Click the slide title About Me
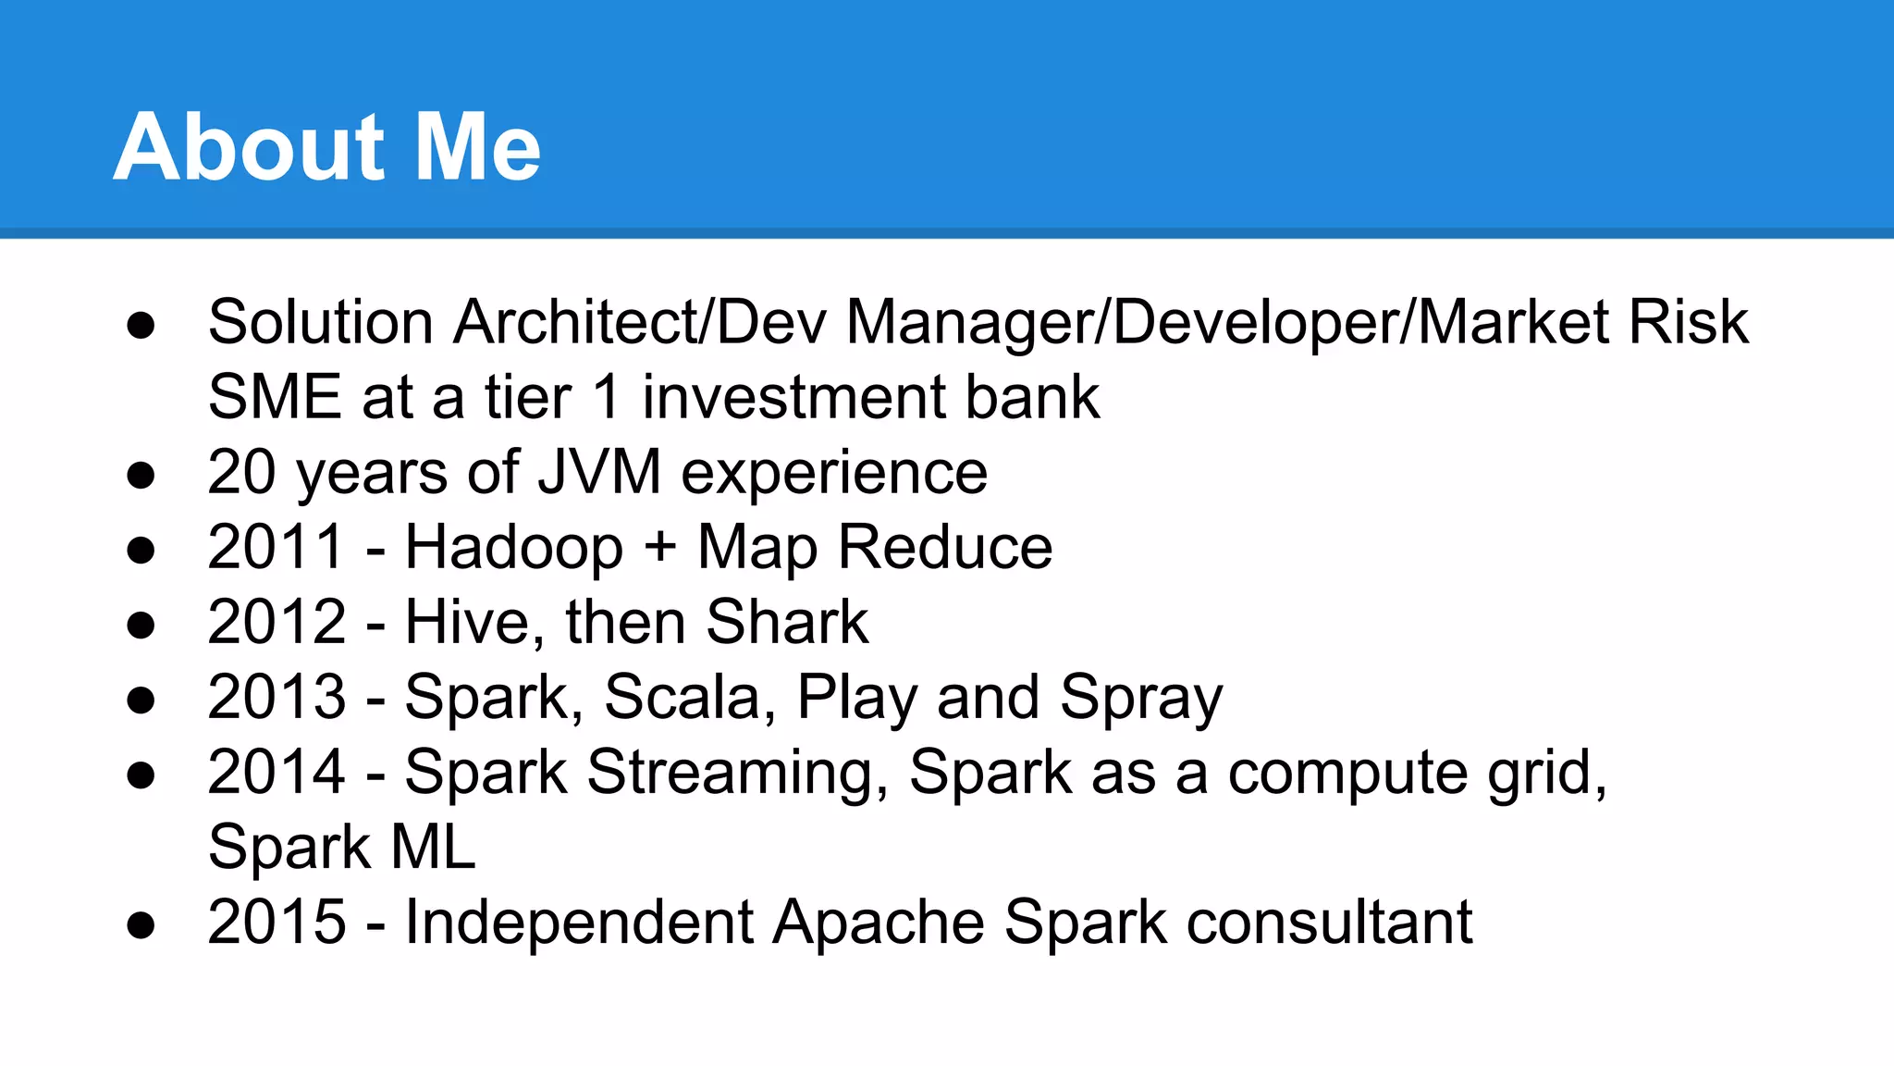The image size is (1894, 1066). [x=327, y=146]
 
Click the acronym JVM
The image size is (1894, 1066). [x=599, y=472]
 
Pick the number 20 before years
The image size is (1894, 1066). [x=241, y=472]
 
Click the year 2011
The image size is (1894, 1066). [x=277, y=547]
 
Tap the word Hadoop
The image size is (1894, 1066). [x=514, y=547]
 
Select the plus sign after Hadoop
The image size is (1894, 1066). [x=660, y=547]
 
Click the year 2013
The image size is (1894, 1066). [x=277, y=697]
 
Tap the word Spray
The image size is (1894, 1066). [x=1141, y=699]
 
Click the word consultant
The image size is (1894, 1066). [x=1329, y=922]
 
